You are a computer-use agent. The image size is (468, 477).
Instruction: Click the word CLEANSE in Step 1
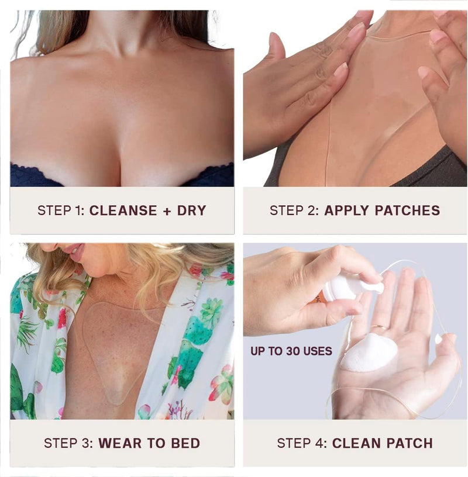(x=123, y=210)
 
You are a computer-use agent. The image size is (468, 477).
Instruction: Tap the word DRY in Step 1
(x=191, y=210)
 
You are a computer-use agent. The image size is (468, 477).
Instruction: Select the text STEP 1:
(x=61, y=210)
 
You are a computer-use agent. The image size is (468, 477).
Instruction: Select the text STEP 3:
(x=68, y=443)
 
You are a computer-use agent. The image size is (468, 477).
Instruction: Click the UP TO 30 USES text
(x=291, y=351)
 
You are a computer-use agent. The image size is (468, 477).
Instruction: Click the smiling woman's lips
(x=74, y=250)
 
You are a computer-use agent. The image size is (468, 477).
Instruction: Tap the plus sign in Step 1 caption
(x=167, y=210)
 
